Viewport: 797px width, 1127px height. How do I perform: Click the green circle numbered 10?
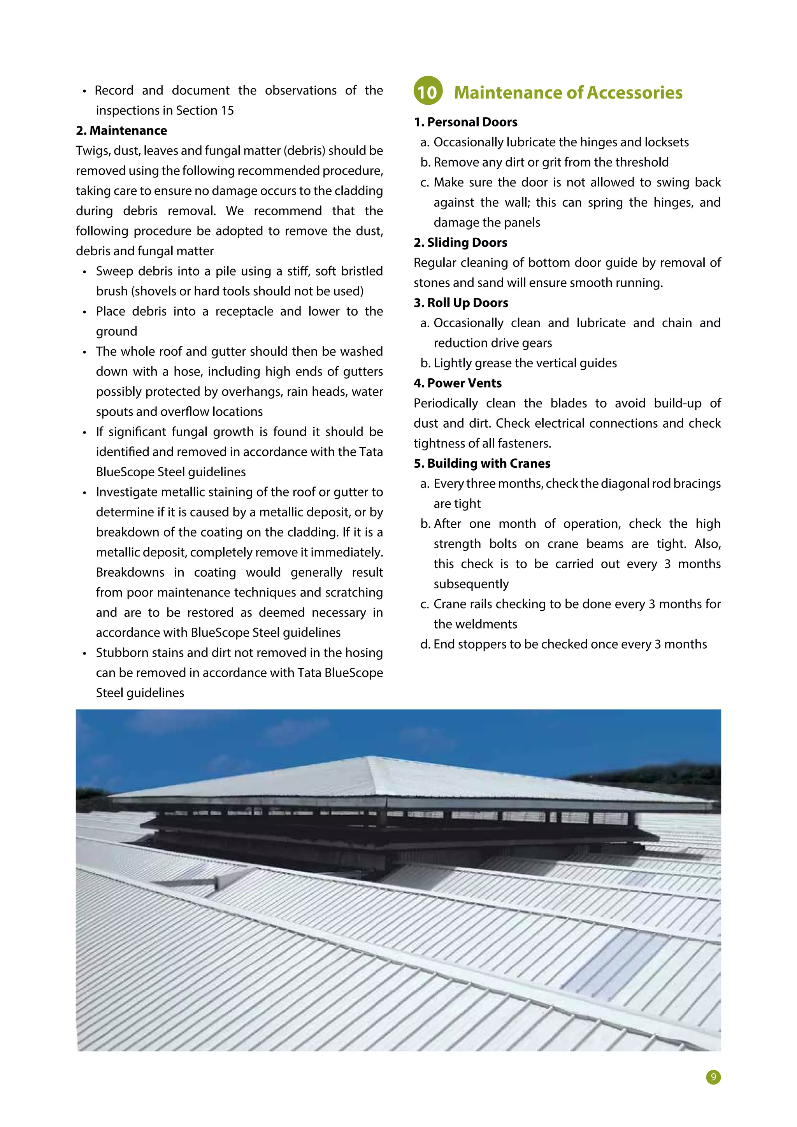[427, 91]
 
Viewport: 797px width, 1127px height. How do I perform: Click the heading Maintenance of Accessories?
[568, 92]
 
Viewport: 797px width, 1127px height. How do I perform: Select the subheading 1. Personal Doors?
[465, 122]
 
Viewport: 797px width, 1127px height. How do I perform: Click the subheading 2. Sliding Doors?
[460, 242]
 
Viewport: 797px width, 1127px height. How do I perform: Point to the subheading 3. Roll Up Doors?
[460, 303]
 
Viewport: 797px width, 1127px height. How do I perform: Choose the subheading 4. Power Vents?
[457, 383]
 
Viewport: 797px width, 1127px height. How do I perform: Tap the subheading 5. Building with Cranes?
[482, 463]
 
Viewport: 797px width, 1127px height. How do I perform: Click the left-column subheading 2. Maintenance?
[121, 131]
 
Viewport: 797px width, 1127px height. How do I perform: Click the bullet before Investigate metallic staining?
[84, 492]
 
